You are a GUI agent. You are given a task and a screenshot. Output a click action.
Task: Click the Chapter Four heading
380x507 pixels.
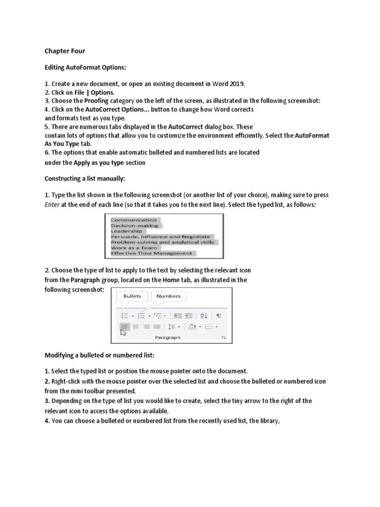[x=65, y=51]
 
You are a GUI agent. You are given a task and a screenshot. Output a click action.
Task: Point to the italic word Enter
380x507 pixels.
[x=52, y=204]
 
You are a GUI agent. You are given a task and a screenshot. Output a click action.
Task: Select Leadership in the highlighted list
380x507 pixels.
[x=126, y=231]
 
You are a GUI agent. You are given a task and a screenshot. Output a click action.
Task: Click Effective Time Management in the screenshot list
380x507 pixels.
[x=151, y=253]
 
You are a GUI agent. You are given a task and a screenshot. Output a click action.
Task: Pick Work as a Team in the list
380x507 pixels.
[x=134, y=248]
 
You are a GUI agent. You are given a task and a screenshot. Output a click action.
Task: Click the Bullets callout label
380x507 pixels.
[x=132, y=296]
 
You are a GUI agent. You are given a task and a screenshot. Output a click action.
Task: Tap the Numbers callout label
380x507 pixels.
[x=168, y=296]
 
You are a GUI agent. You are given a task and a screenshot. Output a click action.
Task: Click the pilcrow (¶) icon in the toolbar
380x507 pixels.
[x=219, y=315]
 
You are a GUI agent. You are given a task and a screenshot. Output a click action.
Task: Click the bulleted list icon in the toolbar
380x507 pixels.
[x=125, y=315]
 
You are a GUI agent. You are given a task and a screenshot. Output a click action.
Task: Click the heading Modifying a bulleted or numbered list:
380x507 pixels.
[x=100, y=355]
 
